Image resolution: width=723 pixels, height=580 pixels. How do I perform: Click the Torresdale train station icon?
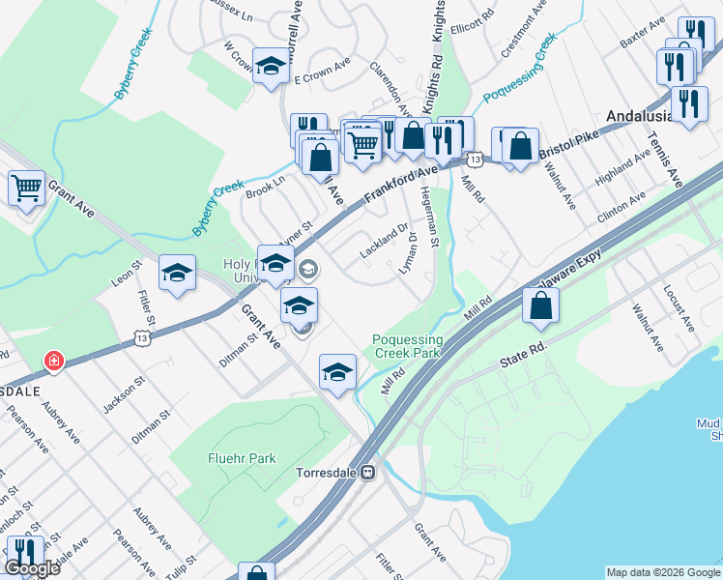tap(367, 473)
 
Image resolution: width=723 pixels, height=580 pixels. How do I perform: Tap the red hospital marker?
tap(54, 362)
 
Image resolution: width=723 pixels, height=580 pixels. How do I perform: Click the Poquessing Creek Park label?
tap(408, 346)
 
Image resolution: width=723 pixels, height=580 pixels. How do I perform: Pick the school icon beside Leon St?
tap(178, 274)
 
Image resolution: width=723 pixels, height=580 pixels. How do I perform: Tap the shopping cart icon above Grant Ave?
tap(26, 187)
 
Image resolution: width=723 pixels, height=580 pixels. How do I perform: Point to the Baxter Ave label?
tap(644, 46)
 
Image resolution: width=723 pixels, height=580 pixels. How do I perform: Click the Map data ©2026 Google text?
tap(662, 572)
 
